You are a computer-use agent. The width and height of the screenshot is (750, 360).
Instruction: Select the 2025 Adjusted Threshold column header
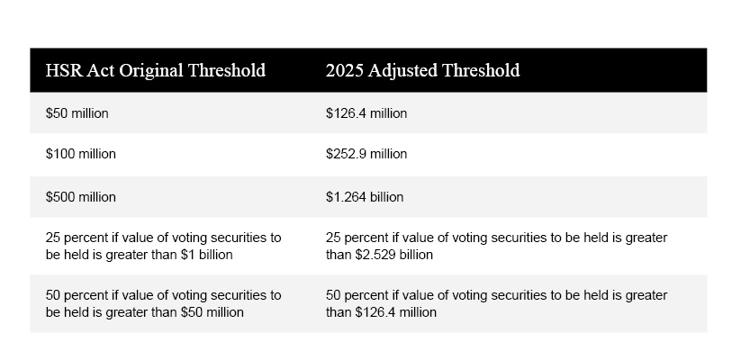pos(422,70)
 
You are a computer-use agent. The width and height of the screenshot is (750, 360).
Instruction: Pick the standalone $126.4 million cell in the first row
pos(366,113)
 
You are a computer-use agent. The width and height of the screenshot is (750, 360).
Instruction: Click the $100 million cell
pos(80,154)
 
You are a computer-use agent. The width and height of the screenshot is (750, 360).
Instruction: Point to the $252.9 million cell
pos(366,154)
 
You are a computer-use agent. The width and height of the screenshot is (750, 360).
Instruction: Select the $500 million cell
pos(80,196)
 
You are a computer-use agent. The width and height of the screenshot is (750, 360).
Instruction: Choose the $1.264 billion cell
pos(365,196)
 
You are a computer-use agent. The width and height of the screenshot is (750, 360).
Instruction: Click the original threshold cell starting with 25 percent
pos(163,246)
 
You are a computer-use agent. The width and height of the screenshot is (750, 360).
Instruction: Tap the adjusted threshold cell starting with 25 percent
pos(496,246)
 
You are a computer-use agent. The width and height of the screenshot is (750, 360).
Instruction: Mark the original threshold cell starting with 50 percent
pos(163,303)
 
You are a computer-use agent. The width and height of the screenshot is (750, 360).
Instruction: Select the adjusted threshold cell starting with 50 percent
pos(496,303)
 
